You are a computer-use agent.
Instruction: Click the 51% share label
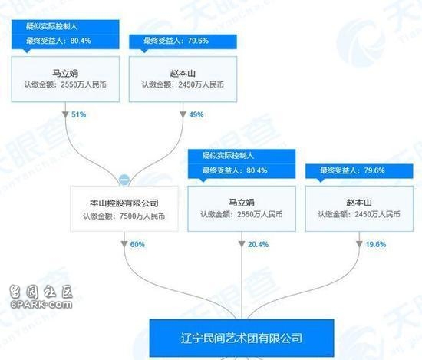click(x=78, y=114)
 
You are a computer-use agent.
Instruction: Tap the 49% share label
click(x=196, y=114)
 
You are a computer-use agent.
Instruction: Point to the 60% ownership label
click(x=137, y=245)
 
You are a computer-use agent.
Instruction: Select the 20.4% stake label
click(x=258, y=245)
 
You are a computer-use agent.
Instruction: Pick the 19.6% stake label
click(x=376, y=245)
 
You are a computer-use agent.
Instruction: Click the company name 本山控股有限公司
click(x=124, y=203)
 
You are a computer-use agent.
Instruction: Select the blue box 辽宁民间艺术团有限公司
click(x=242, y=338)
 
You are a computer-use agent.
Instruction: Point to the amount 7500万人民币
click(x=143, y=216)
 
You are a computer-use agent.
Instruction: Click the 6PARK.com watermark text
click(x=41, y=305)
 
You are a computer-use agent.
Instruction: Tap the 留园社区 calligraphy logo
click(x=41, y=292)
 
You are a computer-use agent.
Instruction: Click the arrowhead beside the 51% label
click(x=65, y=114)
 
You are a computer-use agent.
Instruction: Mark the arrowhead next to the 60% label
click(x=124, y=244)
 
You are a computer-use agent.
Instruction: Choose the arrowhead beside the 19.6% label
click(x=359, y=244)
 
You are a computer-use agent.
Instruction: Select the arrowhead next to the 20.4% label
click(x=242, y=244)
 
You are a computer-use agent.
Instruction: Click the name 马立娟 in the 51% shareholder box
click(x=65, y=73)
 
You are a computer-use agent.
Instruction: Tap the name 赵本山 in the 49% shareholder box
click(x=183, y=73)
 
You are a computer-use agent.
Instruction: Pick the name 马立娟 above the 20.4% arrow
click(x=242, y=203)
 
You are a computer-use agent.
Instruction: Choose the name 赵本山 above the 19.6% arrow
click(x=359, y=203)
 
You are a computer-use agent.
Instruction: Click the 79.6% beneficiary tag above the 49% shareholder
click(x=183, y=41)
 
